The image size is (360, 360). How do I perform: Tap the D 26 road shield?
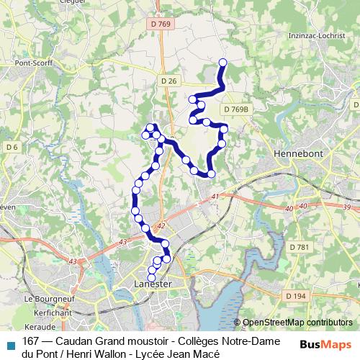click(x=168, y=81)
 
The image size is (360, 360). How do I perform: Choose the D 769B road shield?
click(x=235, y=109)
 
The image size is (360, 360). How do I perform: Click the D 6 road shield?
click(x=12, y=147)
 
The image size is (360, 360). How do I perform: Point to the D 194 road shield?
click(x=295, y=296)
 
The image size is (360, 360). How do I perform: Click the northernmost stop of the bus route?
click(x=222, y=63)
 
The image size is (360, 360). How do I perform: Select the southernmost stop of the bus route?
click(x=151, y=278)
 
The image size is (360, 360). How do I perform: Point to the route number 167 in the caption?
click(x=31, y=341)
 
